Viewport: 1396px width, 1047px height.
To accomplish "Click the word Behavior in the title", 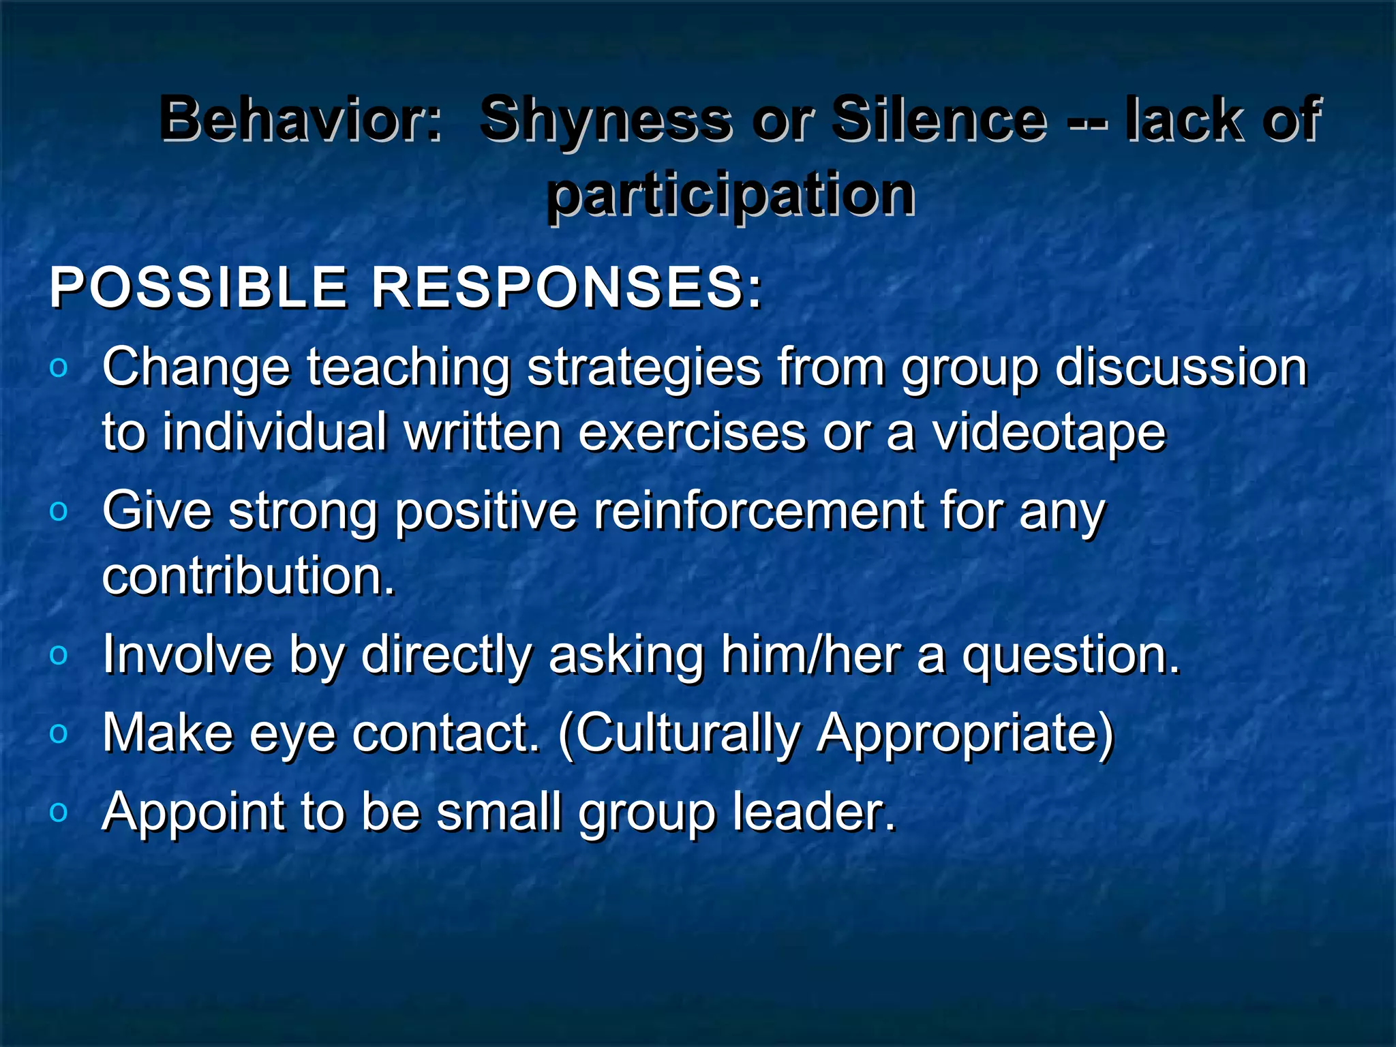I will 300,119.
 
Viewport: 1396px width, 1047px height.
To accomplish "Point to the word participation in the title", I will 730,196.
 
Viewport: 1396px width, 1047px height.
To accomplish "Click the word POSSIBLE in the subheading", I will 198,288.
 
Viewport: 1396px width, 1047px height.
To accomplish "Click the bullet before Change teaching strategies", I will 59,368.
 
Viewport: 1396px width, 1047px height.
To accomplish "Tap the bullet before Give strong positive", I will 59,511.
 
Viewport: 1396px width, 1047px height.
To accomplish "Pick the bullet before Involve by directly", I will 59,655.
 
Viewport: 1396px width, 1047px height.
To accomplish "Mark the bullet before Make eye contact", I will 59,733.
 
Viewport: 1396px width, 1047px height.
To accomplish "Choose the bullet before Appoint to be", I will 59,812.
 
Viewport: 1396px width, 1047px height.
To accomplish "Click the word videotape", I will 1049,434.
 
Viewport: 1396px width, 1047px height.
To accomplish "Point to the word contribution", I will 248,577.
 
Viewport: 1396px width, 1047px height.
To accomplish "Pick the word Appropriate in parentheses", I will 965,735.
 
